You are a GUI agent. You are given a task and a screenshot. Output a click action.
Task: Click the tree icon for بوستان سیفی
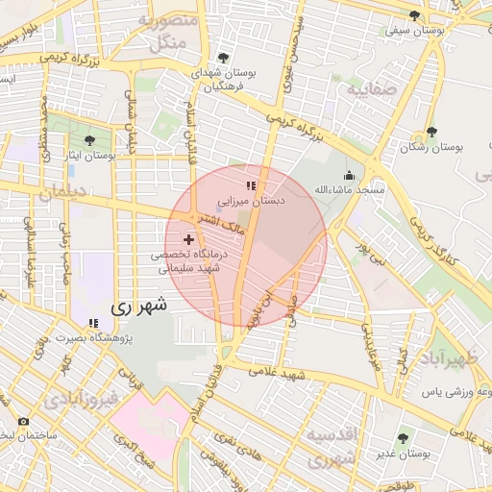coord(414,15)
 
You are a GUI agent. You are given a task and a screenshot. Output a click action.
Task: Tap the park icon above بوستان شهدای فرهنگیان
coord(224,58)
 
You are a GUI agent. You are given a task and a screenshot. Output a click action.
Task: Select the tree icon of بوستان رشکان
coord(430,133)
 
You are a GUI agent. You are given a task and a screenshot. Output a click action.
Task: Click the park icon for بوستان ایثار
coord(89,140)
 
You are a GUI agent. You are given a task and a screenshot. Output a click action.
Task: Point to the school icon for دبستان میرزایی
coord(250,185)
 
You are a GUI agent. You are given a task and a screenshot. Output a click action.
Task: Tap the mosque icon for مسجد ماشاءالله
coord(348,175)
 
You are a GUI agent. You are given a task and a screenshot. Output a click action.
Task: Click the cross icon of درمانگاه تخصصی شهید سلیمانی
coord(188,238)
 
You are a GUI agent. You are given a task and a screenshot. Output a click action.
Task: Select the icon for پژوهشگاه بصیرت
coord(92,323)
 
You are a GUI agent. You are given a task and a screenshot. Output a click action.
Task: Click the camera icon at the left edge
coord(23,422)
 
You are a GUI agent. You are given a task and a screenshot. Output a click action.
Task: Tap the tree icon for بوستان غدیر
coord(403,438)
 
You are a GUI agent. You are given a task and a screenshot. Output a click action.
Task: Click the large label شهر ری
coord(138,307)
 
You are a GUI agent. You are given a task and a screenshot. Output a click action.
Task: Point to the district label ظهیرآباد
coord(448,360)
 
